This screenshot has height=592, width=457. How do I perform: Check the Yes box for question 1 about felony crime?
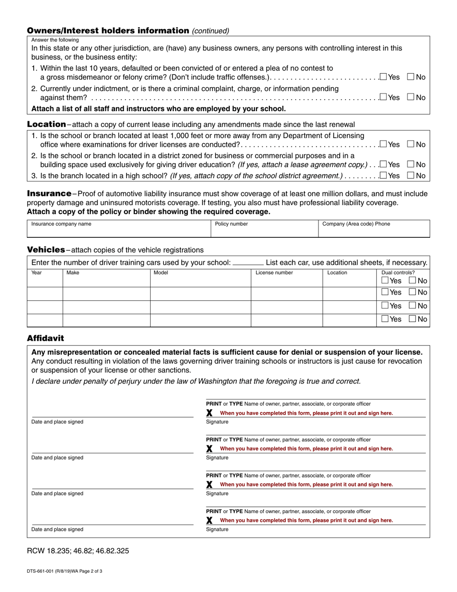[383, 77]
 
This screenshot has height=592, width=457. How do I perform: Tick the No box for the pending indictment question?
[411, 97]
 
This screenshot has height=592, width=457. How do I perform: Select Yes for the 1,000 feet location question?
[383, 144]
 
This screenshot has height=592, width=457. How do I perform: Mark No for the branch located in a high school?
[411, 176]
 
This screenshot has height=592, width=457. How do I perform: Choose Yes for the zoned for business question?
[383, 164]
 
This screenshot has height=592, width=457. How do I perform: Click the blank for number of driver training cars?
[248, 263]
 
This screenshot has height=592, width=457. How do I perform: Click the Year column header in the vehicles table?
[37, 272]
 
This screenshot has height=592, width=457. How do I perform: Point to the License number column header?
[274, 272]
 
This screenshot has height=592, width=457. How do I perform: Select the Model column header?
[161, 272]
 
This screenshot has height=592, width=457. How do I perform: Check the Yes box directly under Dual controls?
[385, 281]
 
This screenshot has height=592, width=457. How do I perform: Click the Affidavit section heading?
[45, 338]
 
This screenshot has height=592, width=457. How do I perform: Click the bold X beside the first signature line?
[209, 413]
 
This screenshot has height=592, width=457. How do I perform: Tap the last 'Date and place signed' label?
[57, 529]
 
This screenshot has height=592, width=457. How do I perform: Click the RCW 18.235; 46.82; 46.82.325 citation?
[77, 551]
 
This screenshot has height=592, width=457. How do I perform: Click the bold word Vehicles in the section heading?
[46, 249]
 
